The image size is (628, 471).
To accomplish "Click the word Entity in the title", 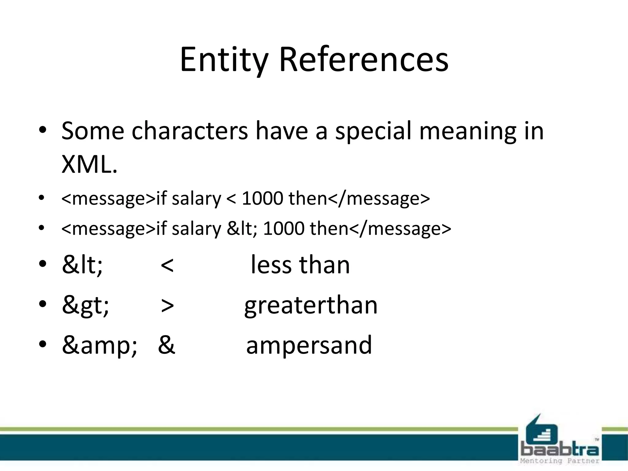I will tap(224, 60).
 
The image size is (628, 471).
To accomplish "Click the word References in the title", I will tap(363, 60).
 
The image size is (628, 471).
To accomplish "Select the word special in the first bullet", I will tap(373, 131).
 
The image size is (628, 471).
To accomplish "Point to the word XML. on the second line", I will tap(89, 164).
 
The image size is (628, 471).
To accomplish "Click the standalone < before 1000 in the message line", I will tap(231, 199).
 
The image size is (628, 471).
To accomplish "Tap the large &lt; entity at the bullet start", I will tap(82, 265).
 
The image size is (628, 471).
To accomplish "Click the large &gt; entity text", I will tap(85, 305).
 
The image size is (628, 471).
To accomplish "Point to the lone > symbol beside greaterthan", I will tap(167, 306).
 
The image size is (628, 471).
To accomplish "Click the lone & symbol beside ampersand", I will tap(167, 345).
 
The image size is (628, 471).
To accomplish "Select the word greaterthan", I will tap(311, 305).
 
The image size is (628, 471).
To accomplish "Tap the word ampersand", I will tap(309, 345).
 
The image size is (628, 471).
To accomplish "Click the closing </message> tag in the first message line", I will tap(379, 199).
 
